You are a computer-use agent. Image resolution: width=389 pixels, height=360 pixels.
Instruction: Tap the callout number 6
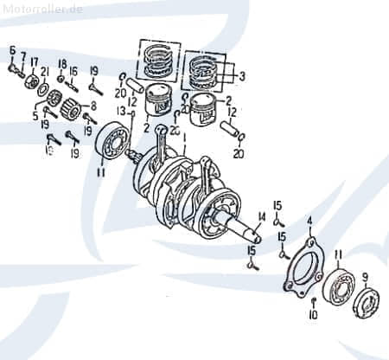tap(12, 50)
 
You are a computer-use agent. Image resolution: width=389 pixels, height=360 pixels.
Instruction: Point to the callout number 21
tap(45, 71)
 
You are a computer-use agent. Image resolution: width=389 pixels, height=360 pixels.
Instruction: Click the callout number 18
tap(61, 64)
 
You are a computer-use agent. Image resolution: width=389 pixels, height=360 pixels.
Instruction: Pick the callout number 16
tap(73, 71)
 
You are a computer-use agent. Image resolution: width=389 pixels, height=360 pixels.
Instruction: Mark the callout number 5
tap(35, 115)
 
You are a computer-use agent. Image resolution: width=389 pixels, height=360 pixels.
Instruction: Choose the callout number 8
tap(94, 106)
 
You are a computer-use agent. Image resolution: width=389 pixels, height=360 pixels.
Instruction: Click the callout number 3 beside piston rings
tap(242, 76)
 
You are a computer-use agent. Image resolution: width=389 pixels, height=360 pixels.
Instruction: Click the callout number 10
tap(313, 314)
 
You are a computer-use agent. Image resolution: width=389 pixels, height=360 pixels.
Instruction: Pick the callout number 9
tap(365, 277)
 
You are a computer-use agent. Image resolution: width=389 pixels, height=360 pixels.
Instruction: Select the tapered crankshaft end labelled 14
tap(246, 232)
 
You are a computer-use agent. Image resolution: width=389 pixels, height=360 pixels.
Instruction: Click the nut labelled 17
tap(34, 82)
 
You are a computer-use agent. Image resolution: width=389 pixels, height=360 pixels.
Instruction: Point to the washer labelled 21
tap(42, 89)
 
